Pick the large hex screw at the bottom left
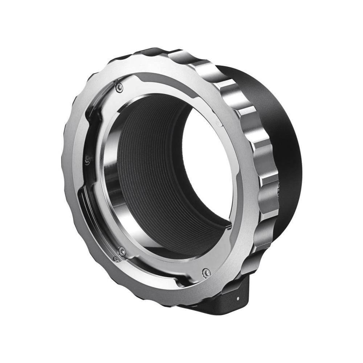[x=122, y=251]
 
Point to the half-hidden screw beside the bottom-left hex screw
[x=116, y=258]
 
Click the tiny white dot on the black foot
[x=238, y=298]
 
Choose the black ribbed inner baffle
[x=152, y=163]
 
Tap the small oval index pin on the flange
[x=218, y=122]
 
